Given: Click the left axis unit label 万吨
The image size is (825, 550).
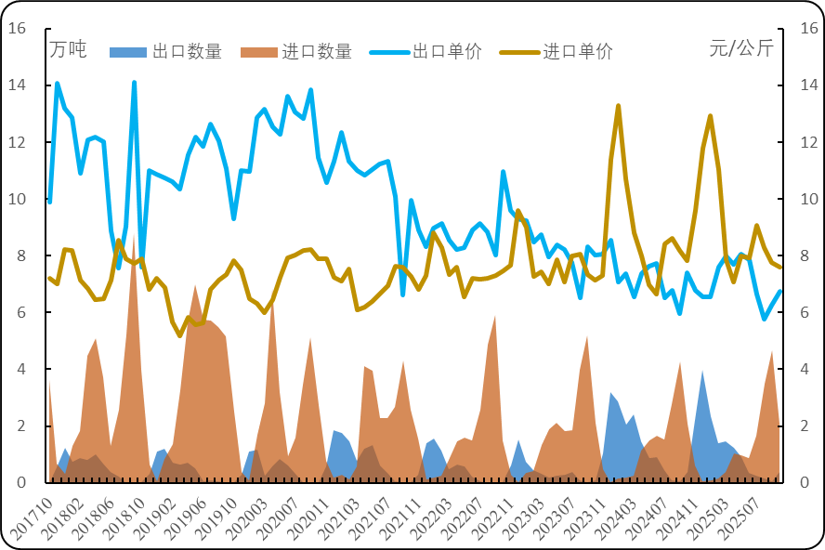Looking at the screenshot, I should point(68,49).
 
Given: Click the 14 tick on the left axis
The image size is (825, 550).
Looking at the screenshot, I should point(17,85).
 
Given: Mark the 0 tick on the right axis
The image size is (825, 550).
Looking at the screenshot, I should point(796,483).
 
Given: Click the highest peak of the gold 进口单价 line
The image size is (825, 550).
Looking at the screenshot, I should point(618,106).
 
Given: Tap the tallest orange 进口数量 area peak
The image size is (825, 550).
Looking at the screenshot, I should point(135,236).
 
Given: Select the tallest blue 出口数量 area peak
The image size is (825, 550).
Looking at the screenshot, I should point(702,372).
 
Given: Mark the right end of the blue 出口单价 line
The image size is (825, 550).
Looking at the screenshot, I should point(780,291).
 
